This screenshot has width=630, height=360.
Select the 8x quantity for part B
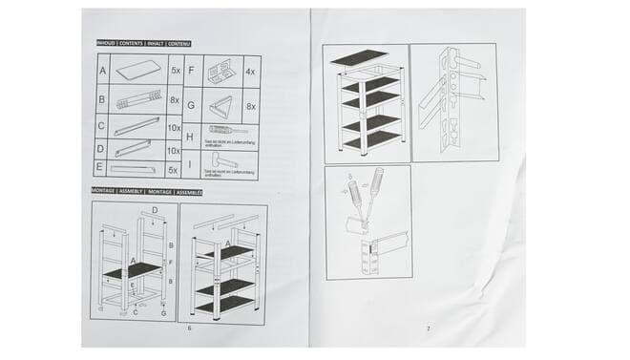[175, 98]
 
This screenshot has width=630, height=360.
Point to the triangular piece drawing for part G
[221, 106]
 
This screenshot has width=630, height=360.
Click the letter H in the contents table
[191, 136]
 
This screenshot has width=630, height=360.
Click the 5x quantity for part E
[174, 169]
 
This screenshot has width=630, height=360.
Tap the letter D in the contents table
[102, 149]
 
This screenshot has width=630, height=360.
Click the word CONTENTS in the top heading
[131, 44]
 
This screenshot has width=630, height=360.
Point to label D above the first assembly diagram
[156, 210]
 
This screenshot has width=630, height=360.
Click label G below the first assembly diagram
[163, 312]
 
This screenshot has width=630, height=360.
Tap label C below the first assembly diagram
[135, 312]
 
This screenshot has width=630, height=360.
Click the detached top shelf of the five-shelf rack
[360, 55]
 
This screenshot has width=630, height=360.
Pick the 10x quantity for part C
[174, 126]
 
